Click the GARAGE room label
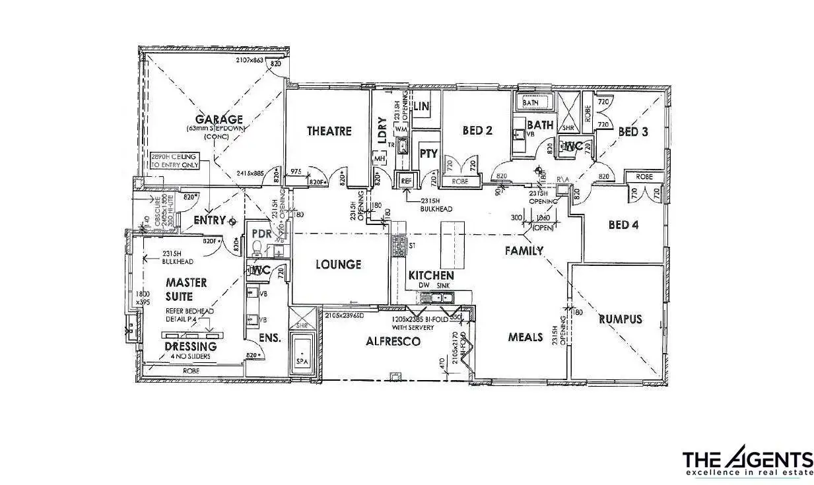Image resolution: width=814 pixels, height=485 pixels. tap(215, 119)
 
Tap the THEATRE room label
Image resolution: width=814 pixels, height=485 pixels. tap(329, 131)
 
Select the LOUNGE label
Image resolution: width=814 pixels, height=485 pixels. tap(338, 265)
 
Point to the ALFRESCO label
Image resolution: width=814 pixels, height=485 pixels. tap(393, 341)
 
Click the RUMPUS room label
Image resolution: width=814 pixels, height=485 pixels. tap(620, 319)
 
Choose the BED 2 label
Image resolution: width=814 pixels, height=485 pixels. tap(477, 131)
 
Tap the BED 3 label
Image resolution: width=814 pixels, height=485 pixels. tap(633, 132)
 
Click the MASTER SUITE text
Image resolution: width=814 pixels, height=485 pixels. tap(186, 288)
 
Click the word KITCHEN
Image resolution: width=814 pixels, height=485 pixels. tap(430, 275)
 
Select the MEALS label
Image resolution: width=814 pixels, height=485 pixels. tap(525, 337)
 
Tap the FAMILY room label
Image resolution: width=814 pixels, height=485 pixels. tap(524, 251)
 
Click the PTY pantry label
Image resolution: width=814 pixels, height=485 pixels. tap(428, 154)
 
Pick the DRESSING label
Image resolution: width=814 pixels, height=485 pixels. tap(190, 346)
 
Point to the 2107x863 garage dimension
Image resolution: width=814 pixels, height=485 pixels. tap(245, 60)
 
